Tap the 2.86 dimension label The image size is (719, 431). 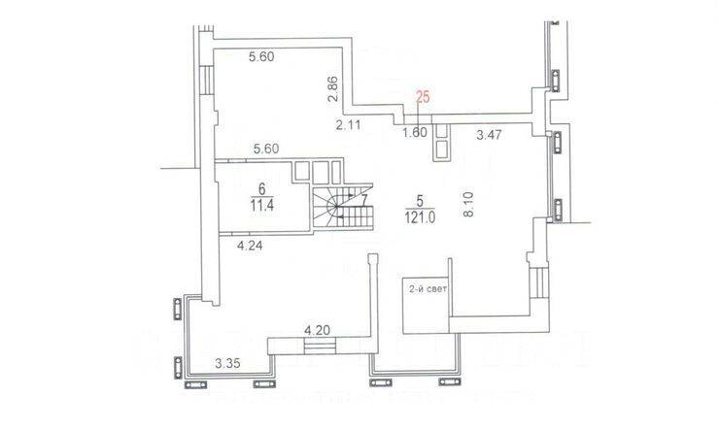(x=332, y=89)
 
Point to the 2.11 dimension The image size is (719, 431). (x=348, y=124)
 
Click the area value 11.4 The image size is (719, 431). (x=261, y=206)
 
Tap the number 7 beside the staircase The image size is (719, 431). (x=363, y=201)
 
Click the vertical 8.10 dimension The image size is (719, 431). (x=467, y=206)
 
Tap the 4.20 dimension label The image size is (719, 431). (x=318, y=330)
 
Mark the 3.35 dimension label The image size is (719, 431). (x=227, y=365)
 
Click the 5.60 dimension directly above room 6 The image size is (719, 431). (x=266, y=149)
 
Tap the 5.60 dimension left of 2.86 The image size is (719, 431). (x=263, y=57)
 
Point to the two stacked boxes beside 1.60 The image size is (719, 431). (x=442, y=141)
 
